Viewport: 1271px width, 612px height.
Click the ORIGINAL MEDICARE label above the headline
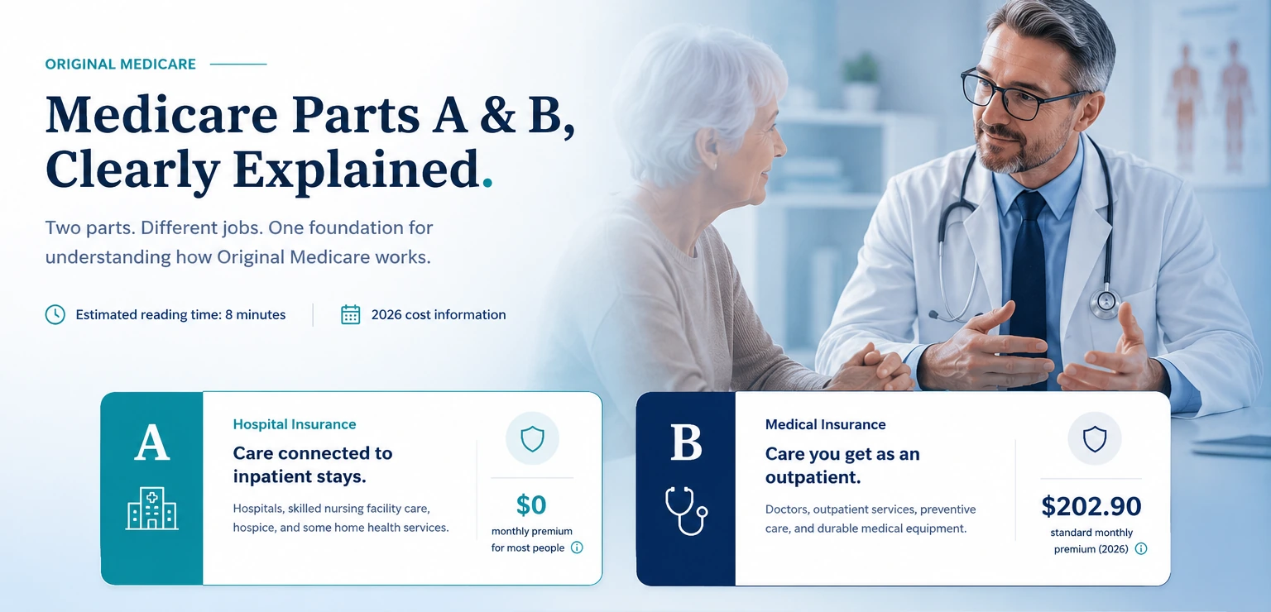click(x=120, y=64)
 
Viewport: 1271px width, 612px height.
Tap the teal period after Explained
click(x=487, y=183)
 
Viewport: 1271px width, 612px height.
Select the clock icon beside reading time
click(x=55, y=315)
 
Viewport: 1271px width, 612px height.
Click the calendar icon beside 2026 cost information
click(x=351, y=315)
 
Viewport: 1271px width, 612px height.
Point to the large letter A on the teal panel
click(x=152, y=442)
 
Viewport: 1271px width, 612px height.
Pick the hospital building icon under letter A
click(x=152, y=508)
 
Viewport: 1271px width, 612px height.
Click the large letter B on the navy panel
click(x=686, y=442)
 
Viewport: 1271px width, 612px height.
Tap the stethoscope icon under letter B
click(x=685, y=510)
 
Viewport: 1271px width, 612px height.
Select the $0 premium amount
click(x=531, y=504)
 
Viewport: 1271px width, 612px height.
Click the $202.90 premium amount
click(x=1091, y=506)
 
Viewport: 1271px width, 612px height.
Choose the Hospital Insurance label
click(x=295, y=424)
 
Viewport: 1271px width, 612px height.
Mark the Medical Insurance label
click(x=825, y=424)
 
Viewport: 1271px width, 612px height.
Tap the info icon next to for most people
click(x=577, y=547)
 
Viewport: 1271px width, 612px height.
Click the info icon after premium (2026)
click(x=1140, y=548)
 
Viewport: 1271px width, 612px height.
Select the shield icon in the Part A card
click(x=532, y=438)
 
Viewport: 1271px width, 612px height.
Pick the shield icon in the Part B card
click(x=1095, y=439)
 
